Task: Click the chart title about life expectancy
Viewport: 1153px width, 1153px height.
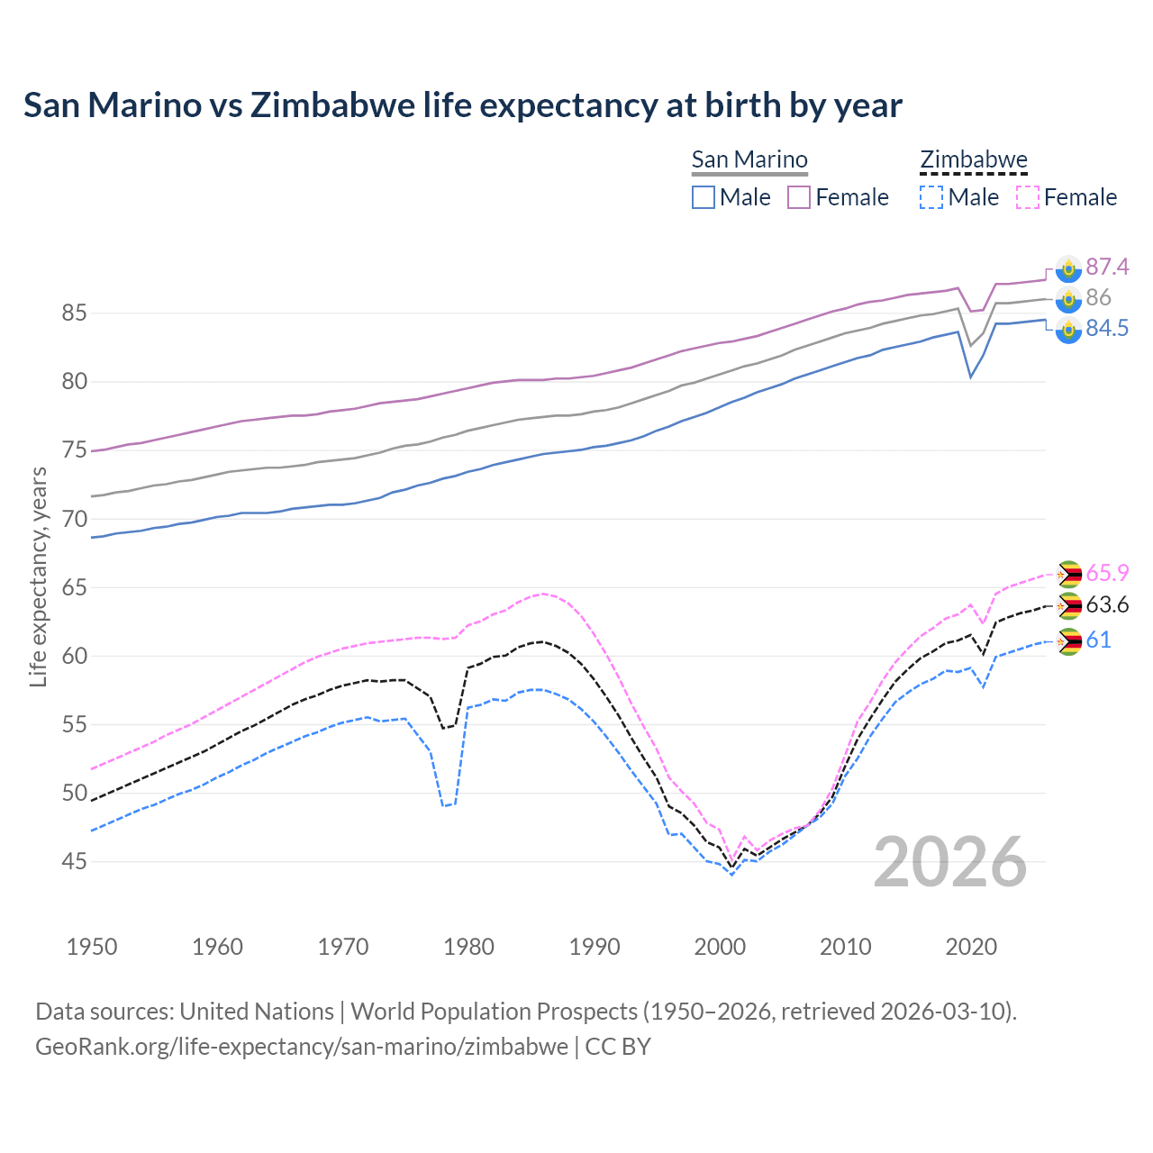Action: click(x=462, y=105)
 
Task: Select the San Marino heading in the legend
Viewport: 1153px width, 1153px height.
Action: click(x=749, y=159)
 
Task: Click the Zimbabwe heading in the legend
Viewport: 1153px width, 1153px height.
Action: click(x=973, y=159)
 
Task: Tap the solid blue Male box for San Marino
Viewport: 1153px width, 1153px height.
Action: click(x=704, y=197)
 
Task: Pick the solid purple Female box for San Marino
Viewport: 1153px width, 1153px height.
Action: click(x=799, y=197)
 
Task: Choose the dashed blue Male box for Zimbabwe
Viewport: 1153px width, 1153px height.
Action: click(x=931, y=197)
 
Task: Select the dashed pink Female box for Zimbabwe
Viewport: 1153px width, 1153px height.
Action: click(x=1027, y=197)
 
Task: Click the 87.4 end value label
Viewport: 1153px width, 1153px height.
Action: click(x=1107, y=268)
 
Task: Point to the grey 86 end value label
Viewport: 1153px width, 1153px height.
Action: click(x=1098, y=298)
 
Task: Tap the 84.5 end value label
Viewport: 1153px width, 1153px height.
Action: click(x=1107, y=329)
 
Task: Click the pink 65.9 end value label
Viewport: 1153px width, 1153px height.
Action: click(x=1107, y=574)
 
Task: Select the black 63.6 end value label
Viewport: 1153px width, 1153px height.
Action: click(x=1107, y=604)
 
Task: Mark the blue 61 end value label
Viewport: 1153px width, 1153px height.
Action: click(x=1098, y=640)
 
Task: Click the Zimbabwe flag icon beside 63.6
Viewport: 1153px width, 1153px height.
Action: click(x=1068, y=606)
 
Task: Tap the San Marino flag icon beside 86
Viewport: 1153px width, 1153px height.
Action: click(x=1068, y=299)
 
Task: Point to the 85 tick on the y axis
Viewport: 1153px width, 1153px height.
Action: click(x=75, y=313)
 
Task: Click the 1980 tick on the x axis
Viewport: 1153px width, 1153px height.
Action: click(x=468, y=947)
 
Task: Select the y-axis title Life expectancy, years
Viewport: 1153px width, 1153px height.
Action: click(x=38, y=576)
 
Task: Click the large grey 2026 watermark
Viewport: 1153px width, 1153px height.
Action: click(x=949, y=862)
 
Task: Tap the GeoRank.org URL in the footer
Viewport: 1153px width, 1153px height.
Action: click(x=302, y=1047)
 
